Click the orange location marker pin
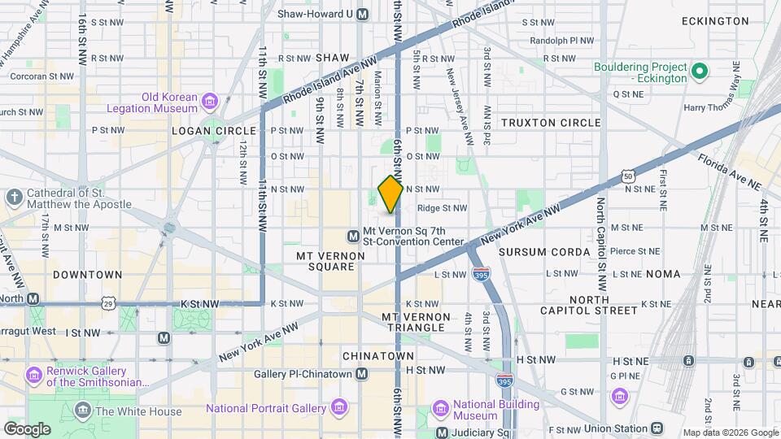(390, 193)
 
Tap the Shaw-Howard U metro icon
(362, 14)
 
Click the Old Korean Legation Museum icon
(211, 102)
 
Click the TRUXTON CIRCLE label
(551, 123)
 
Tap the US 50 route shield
(627, 176)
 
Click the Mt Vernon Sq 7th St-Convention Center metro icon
(353, 236)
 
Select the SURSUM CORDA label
(543, 252)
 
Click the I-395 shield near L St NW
(482, 275)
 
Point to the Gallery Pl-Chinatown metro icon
(362, 374)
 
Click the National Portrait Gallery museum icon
(340, 406)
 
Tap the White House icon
(82, 411)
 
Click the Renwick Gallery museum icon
(33, 376)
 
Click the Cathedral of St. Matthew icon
(14, 198)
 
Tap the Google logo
(27, 428)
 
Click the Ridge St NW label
(442, 208)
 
